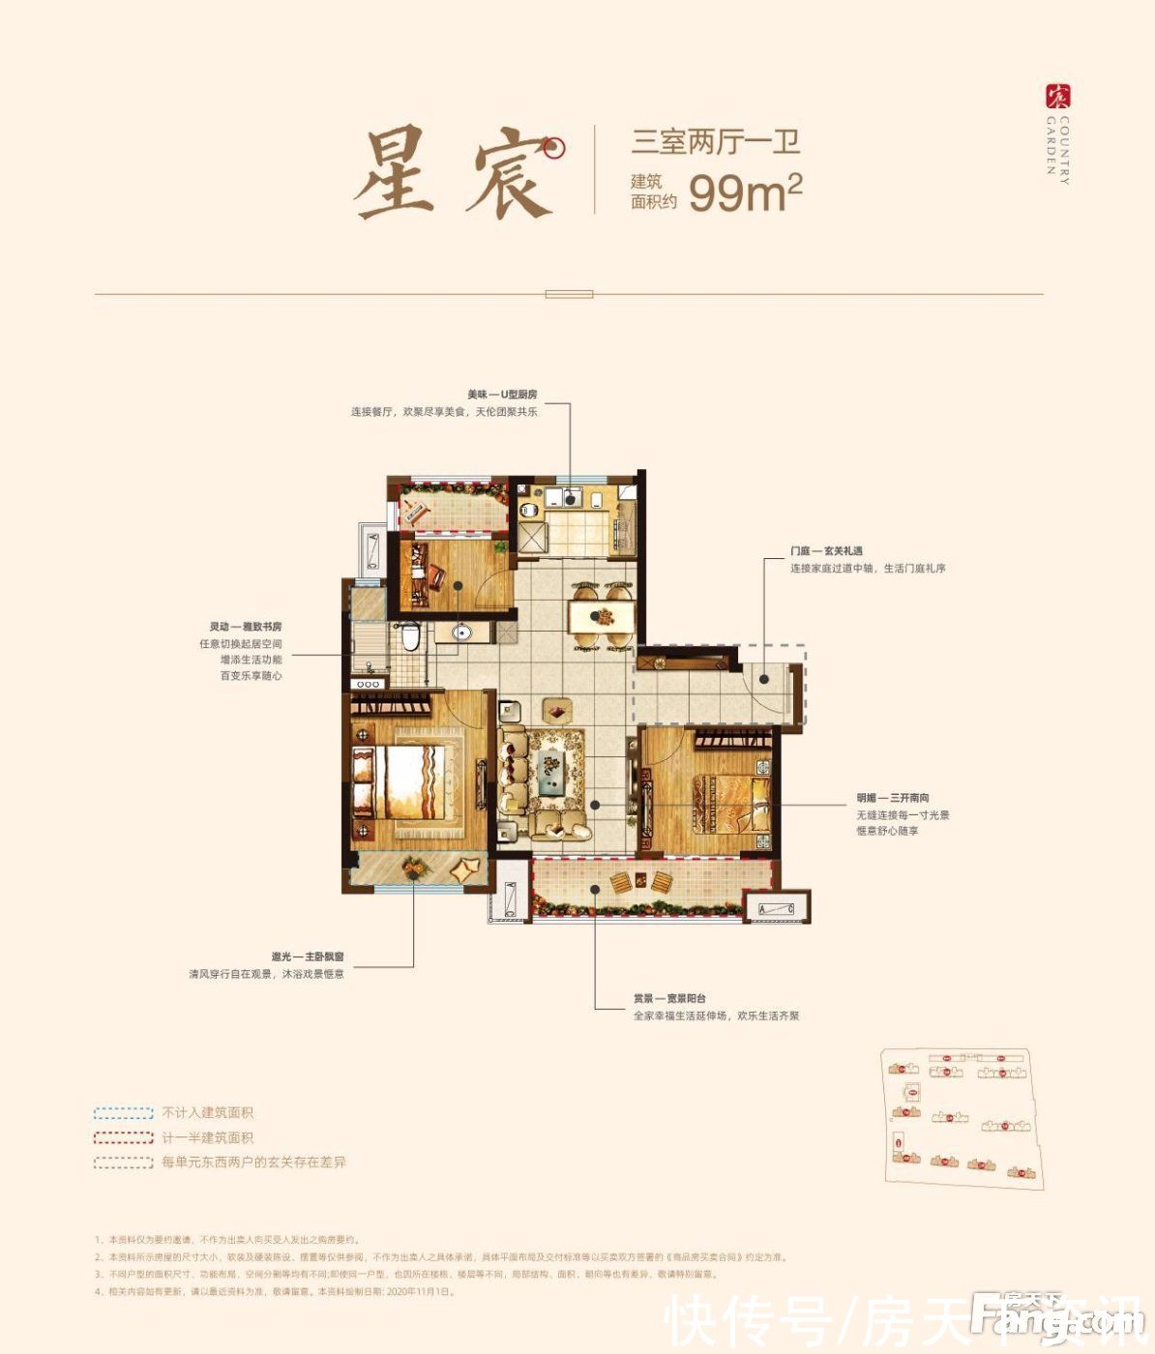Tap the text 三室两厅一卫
tap(716, 143)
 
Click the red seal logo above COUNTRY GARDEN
tap(1058, 96)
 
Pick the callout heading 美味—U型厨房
tap(502, 395)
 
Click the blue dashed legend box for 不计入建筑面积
tap(124, 1113)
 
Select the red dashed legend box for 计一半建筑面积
tap(124, 1138)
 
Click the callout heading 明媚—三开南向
tap(892, 799)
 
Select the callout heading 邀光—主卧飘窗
tap(308, 957)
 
